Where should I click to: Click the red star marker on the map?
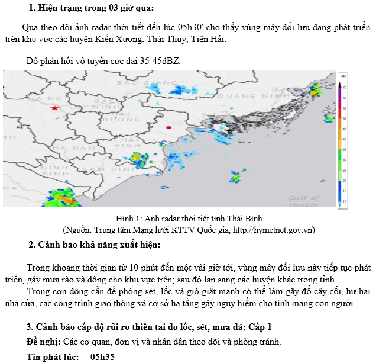pyautogui.click(x=55, y=108)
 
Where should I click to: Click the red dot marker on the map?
pyautogui.click(x=168, y=127)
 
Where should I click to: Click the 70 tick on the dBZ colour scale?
pyautogui.click(x=345, y=87)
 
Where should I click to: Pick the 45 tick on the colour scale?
pyautogui.click(x=345, y=129)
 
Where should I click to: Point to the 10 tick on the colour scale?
pyautogui.click(x=345, y=201)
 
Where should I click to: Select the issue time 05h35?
pyautogui.click(x=102, y=357)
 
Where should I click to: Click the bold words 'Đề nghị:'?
pyautogui.click(x=43, y=342)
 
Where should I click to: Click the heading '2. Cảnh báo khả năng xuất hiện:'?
pyautogui.click(x=95, y=245)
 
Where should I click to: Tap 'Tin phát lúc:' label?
pyautogui.click(x=52, y=357)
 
